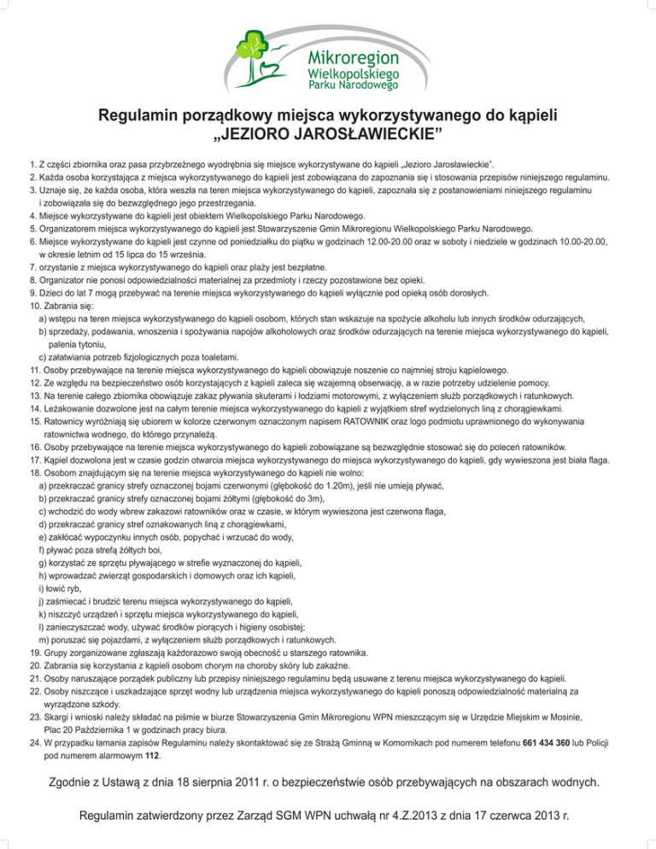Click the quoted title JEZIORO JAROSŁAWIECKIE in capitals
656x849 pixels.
pyautogui.click(x=328, y=134)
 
